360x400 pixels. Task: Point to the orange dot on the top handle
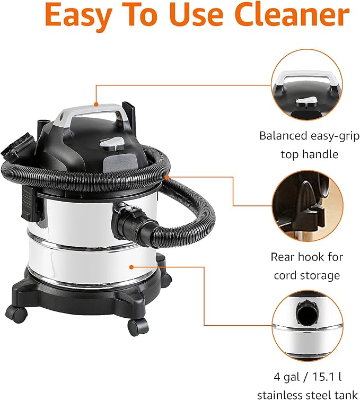click(x=95, y=104)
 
